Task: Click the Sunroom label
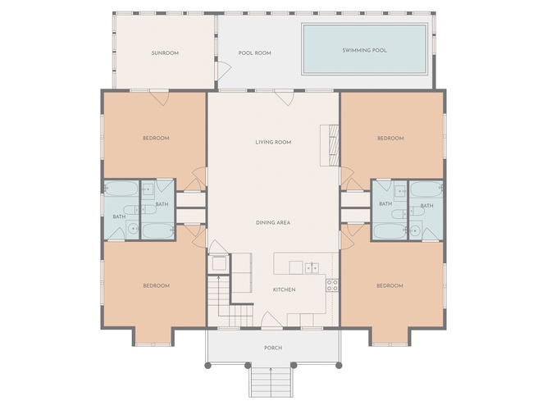coord(165,53)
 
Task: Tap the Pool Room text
coord(255,53)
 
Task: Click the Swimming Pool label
coord(365,50)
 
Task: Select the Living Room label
coord(273,143)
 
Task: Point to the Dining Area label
coord(273,222)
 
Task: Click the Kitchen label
coord(284,289)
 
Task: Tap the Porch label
coord(273,348)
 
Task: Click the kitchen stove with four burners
coord(332,285)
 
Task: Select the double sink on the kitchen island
coord(312,268)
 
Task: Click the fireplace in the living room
coord(330,145)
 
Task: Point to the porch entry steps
coord(271,382)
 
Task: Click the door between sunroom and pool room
coord(222,71)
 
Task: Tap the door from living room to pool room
coord(285,98)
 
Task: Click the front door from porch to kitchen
coord(271,321)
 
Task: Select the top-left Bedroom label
coord(156,139)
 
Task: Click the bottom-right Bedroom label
coord(390,286)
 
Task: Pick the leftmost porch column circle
coord(207,366)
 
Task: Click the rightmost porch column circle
coord(339,366)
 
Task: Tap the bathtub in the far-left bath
coord(121,189)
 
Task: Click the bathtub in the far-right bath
coord(426,189)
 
